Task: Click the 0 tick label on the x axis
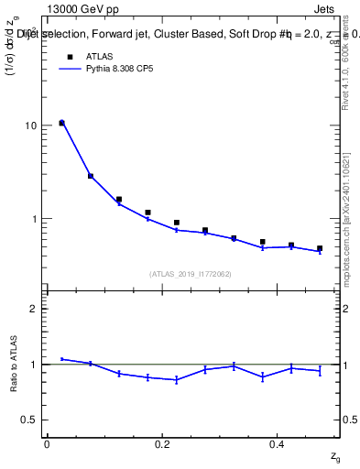click(47, 444)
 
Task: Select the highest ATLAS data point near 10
click(61, 123)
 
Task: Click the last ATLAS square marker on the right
click(320, 248)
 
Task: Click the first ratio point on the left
click(61, 359)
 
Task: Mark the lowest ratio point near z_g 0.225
click(177, 379)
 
